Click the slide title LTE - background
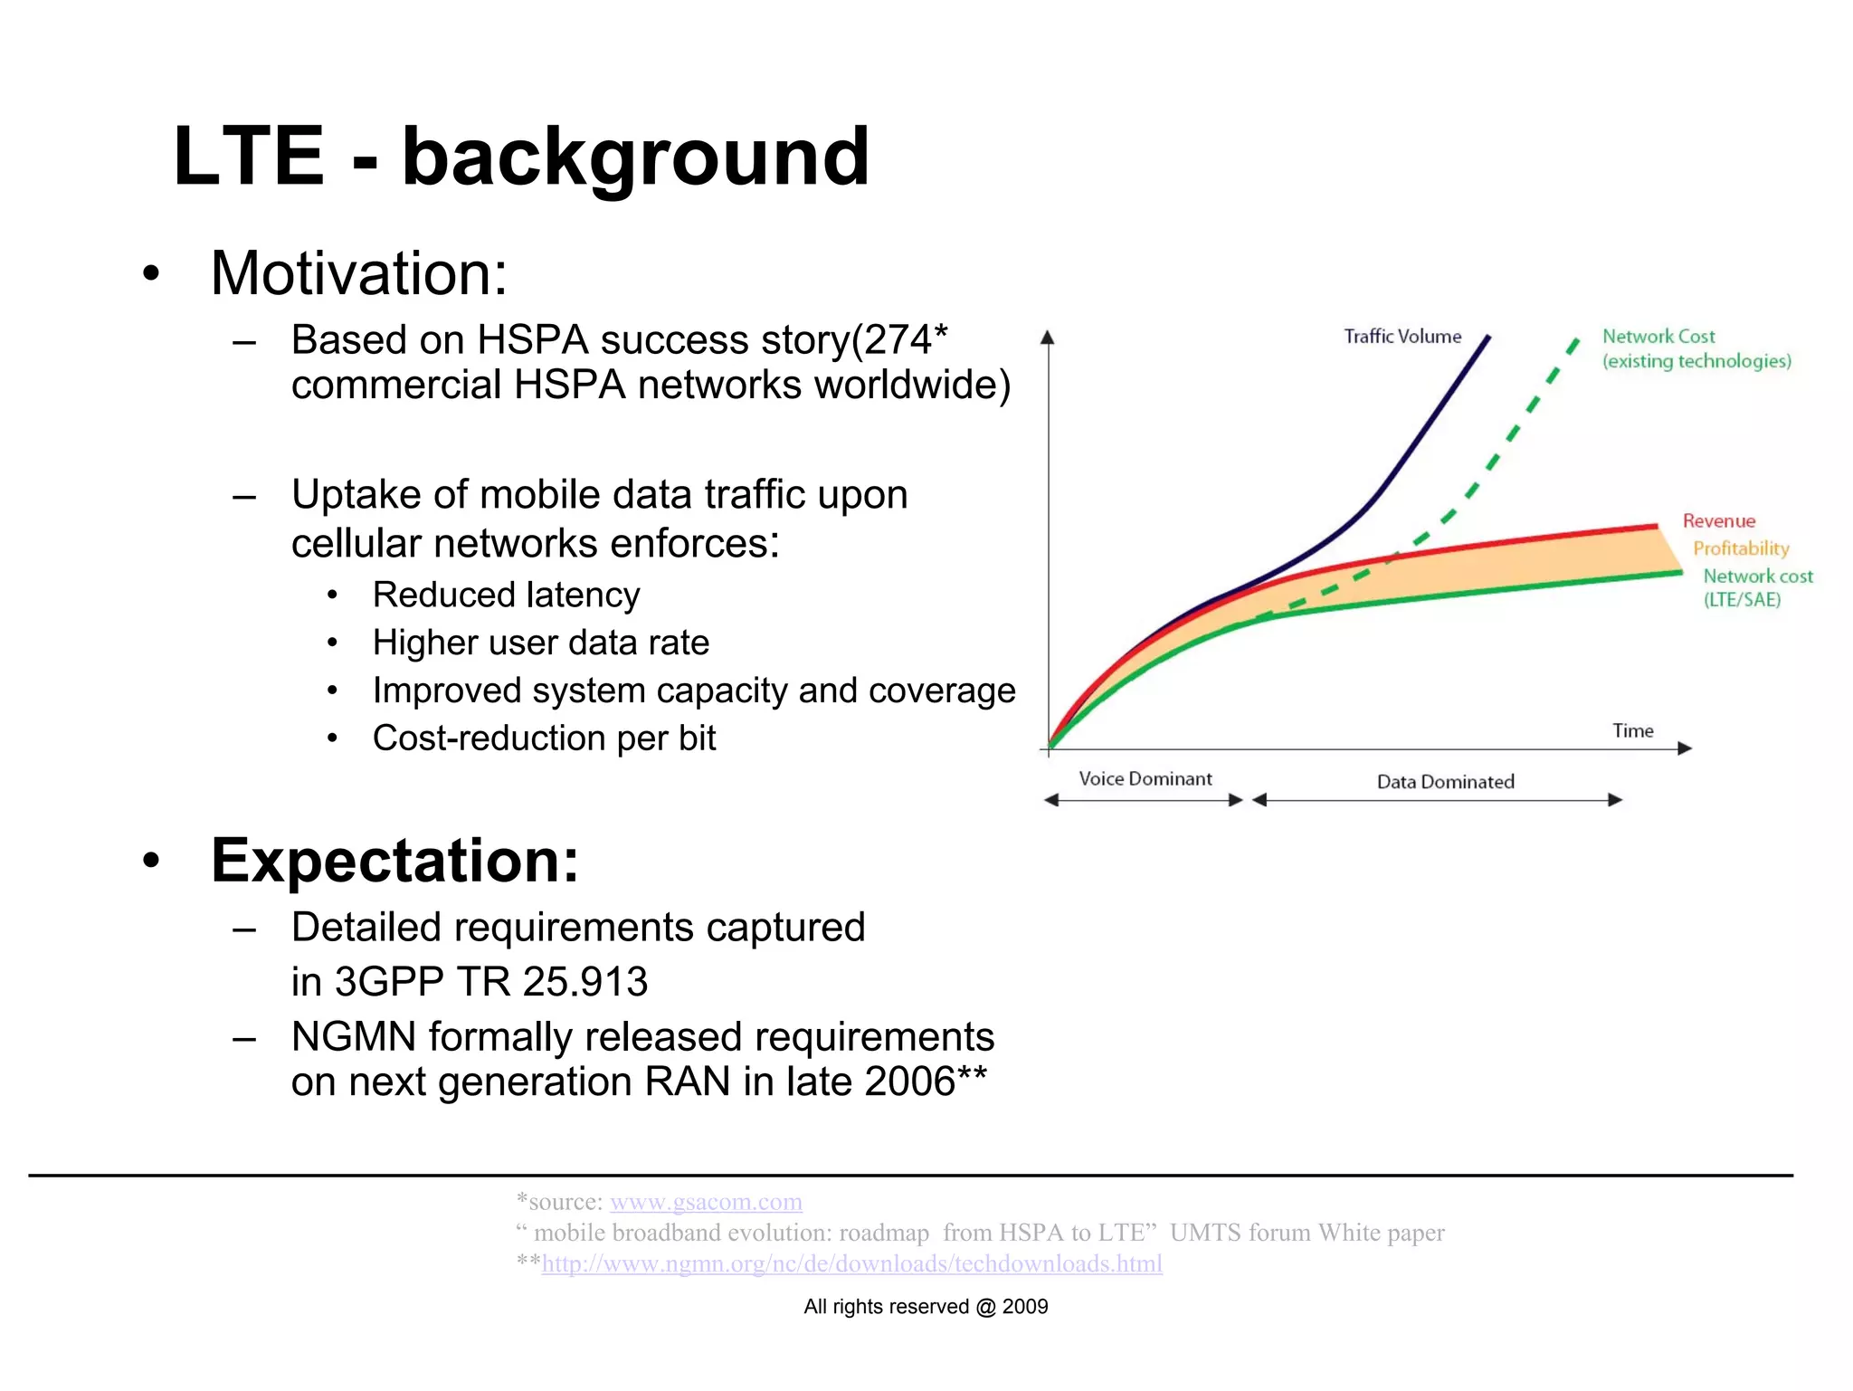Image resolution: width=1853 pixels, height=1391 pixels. point(520,157)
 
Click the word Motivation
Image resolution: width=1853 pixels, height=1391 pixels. point(358,273)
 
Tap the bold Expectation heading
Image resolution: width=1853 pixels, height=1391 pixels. point(394,860)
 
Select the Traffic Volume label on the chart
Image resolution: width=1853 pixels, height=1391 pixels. point(1402,337)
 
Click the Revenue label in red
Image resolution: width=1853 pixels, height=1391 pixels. point(1718,521)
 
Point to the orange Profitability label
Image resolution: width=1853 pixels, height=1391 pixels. point(1741,548)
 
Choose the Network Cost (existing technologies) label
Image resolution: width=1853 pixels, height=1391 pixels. point(1695,348)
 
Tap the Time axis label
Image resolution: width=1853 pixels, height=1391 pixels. point(1632,731)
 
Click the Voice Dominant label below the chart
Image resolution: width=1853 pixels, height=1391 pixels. point(1145,779)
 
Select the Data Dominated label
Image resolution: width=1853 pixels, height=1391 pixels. point(1445,782)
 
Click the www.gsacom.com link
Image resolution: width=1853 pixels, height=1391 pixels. point(706,1202)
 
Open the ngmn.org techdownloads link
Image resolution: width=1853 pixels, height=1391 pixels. point(851,1263)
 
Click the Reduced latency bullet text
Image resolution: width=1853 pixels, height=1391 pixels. point(506,595)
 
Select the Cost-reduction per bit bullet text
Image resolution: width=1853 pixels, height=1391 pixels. point(544,738)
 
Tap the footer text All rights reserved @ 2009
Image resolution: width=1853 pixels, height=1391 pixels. point(926,1307)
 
